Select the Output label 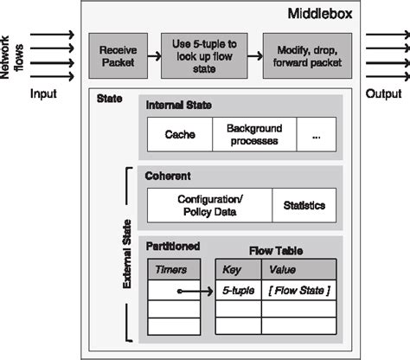click(383, 93)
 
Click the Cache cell click(180, 134)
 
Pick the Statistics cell click(303, 205)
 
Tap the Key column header click(234, 269)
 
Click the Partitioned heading click(173, 246)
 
